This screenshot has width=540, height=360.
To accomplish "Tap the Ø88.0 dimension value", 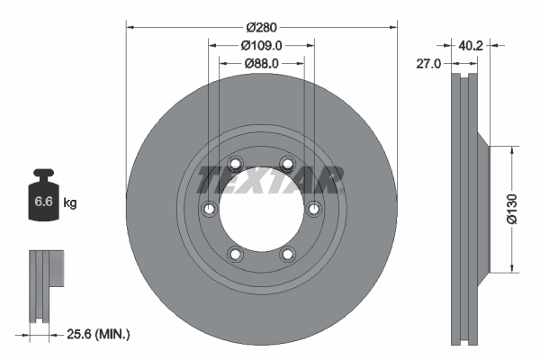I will pyautogui.click(x=262, y=63).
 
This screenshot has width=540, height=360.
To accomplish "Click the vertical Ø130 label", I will pyautogui.click(x=510, y=209).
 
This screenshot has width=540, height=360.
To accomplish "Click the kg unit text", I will pyautogui.click(x=70, y=203).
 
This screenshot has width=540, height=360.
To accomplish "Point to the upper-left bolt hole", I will pyautogui.click(x=235, y=164).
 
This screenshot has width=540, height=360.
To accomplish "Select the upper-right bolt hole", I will pyautogui.click(x=287, y=164).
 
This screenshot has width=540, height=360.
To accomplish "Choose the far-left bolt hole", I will pyautogui.click(x=209, y=209).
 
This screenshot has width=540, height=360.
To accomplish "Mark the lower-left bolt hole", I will pyautogui.click(x=235, y=254).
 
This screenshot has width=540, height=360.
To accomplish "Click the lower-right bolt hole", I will pyautogui.click(x=287, y=254).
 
